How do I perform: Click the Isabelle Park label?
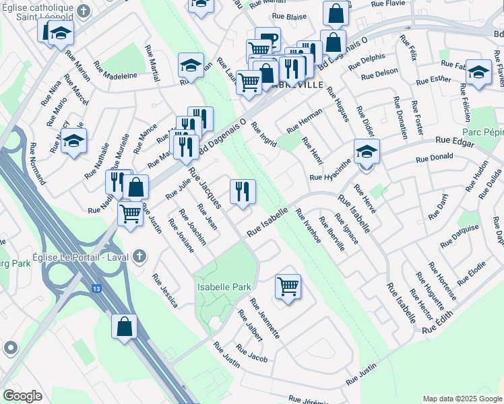click(x=223, y=287)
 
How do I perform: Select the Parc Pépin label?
click(x=483, y=133)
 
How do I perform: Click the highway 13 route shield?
click(x=97, y=288)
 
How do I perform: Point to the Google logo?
click(x=22, y=396)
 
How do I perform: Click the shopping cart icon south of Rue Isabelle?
click(x=288, y=286)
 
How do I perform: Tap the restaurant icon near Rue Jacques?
click(x=243, y=191)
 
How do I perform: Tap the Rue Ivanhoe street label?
click(x=308, y=230)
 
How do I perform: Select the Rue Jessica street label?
click(x=165, y=290)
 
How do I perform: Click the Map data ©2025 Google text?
click(x=462, y=399)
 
